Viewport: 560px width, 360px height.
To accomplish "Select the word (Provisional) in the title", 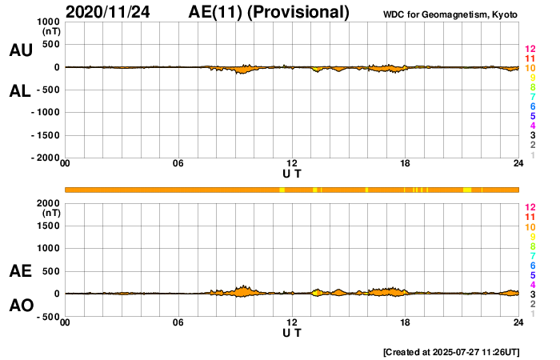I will click(300, 12).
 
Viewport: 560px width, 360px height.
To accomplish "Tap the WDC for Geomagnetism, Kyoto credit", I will click(452, 14).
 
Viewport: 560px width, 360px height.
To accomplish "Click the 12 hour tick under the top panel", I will click(292, 164).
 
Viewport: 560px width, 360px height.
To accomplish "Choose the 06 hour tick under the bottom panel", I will click(178, 322).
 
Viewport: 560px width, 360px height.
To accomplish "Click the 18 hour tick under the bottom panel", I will click(406, 322).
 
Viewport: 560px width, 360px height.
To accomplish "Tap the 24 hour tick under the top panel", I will click(518, 164).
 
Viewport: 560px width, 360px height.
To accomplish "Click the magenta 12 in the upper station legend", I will click(530, 50).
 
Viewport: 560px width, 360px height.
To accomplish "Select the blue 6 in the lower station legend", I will click(532, 265).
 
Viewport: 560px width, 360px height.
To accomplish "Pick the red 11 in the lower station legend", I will click(530, 217).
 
